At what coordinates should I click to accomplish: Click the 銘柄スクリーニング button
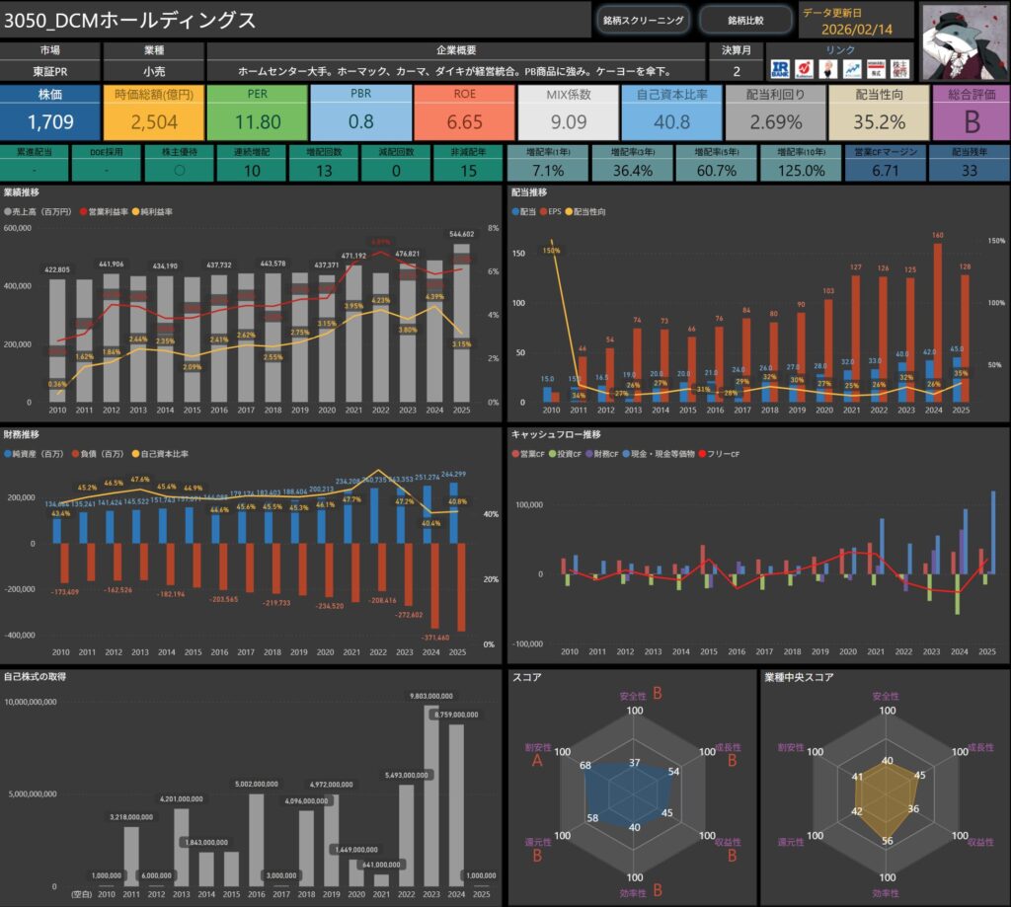[642, 20]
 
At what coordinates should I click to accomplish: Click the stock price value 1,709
[49, 122]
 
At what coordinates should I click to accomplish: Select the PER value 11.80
[257, 122]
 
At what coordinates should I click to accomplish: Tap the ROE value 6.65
[464, 122]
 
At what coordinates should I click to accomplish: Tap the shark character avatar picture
[964, 40]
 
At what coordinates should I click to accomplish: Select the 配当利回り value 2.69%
[775, 122]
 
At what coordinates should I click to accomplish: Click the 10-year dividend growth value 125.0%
[796, 170]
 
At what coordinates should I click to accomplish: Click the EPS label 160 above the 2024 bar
[937, 235]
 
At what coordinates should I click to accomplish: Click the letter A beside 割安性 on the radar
[536, 761]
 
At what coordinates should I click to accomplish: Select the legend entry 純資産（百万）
[43, 454]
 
